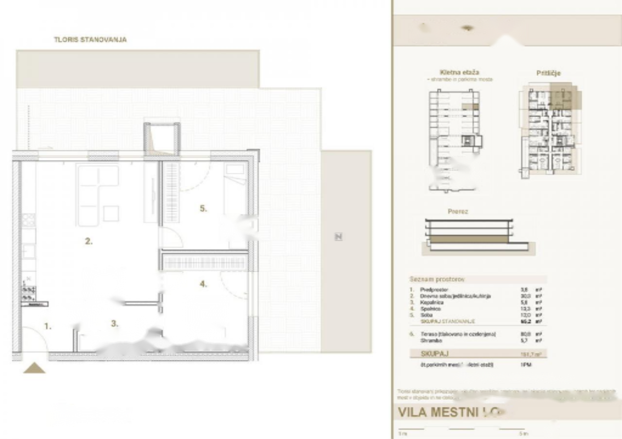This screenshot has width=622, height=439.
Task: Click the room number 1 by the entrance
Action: (x=48, y=326)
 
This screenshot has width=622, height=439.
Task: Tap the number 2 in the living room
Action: (x=88, y=241)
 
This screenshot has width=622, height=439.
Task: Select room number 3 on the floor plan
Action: (x=115, y=324)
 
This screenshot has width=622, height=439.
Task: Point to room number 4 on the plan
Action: (x=203, y=284)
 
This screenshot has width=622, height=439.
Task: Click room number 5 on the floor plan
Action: (x=203, y=209)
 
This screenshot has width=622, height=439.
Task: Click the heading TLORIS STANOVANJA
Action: (x=90, y=40)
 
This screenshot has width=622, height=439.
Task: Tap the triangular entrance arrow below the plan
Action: (x=35, y=368)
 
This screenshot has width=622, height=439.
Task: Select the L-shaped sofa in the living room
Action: (x=98, y=194)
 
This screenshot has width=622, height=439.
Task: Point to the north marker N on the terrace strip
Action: (x=339, y=237)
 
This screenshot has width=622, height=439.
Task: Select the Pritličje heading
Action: (x=549, y=73)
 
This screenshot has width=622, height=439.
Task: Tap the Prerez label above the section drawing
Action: (x=458, y=211)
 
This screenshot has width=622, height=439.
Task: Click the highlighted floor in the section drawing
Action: (x=469, y=239)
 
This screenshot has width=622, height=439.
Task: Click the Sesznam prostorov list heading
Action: (x=437, y=280)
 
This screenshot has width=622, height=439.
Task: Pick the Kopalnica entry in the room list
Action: (x=432, y=302)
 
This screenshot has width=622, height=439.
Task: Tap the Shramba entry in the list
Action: (x=430, y=341)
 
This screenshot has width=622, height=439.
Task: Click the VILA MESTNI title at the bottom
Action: (x=448, y=412)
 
